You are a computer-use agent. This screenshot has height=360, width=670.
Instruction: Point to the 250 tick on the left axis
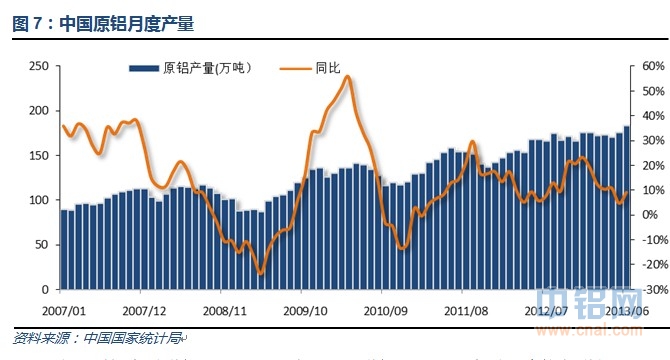tap(38, 66)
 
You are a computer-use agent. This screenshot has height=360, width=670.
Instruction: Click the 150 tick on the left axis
tap(38, 155)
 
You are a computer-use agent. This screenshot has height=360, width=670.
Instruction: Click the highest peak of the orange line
tap(347, 77)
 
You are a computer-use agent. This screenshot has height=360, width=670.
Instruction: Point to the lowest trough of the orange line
tap(261, 273)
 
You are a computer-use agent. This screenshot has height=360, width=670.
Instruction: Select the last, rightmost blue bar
tap(626, 207)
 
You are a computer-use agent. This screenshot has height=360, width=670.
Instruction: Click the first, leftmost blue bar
tap(64, 249)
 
